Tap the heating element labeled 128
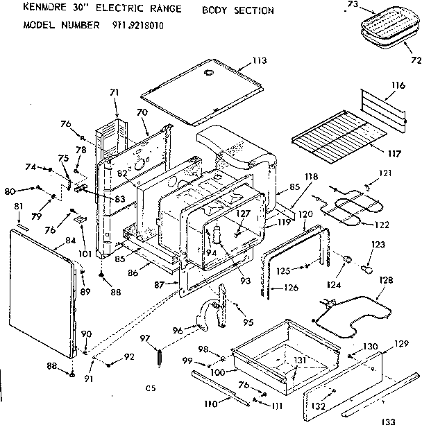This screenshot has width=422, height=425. tap(347, 315)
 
